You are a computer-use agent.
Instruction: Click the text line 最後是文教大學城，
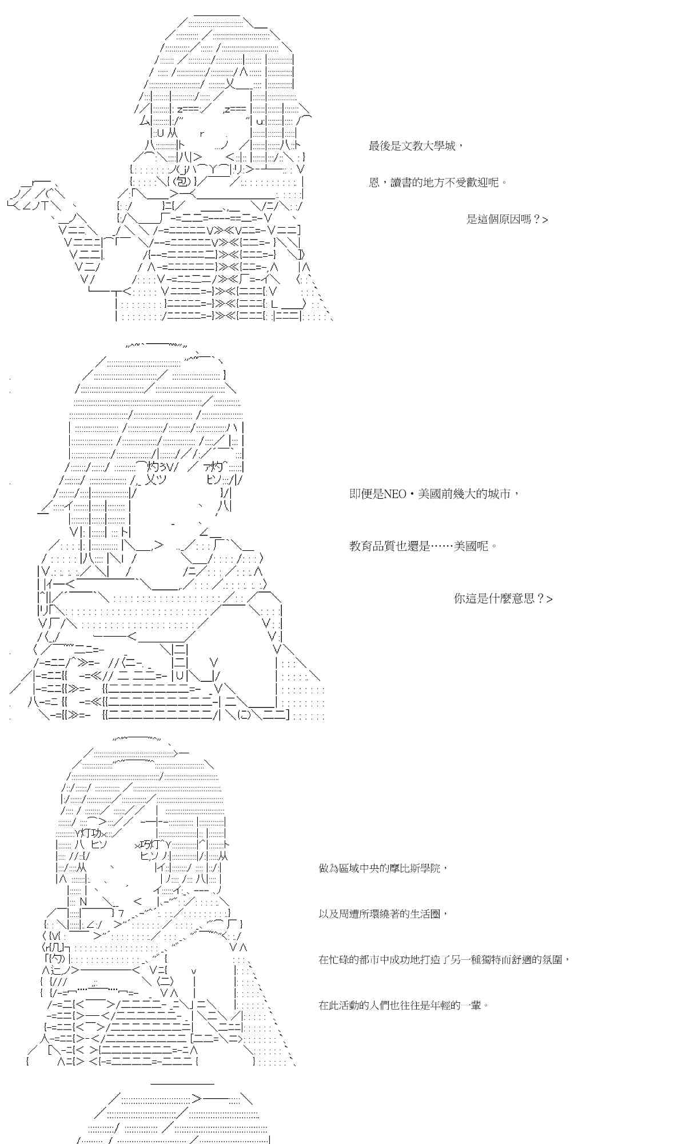416,146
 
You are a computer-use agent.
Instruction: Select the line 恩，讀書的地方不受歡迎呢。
438,183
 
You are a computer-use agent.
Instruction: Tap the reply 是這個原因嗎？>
507,220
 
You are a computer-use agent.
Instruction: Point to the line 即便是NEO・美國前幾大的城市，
434,494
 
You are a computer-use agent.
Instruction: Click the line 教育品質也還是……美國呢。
423,546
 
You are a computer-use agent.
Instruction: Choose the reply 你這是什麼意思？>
503,599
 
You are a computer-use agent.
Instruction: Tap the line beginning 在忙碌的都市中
444,960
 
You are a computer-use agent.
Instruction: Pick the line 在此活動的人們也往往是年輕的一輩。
404,1006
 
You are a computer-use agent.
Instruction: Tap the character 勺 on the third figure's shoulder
57,958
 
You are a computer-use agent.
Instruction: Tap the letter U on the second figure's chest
179,676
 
